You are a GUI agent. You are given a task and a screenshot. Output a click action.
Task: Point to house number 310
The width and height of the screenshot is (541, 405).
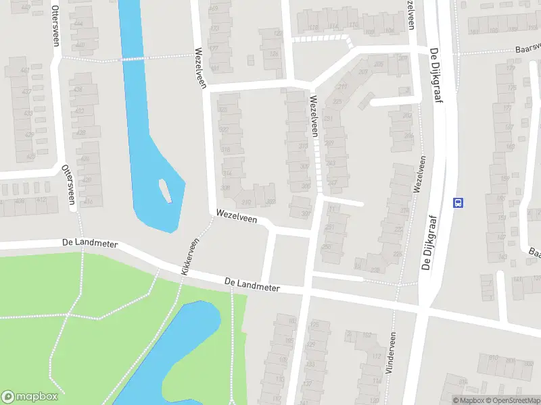[245, 202]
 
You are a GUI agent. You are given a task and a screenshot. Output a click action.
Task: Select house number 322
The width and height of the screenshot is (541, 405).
[224, 130]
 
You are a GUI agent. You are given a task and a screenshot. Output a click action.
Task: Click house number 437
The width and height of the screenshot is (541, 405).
[28, 91]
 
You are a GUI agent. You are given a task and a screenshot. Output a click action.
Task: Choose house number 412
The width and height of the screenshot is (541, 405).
[42, 200]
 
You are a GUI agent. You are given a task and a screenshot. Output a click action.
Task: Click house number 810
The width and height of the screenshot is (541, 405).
[493, 358]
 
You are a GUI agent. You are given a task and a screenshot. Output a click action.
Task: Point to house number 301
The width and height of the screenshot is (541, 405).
[305, 215]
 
